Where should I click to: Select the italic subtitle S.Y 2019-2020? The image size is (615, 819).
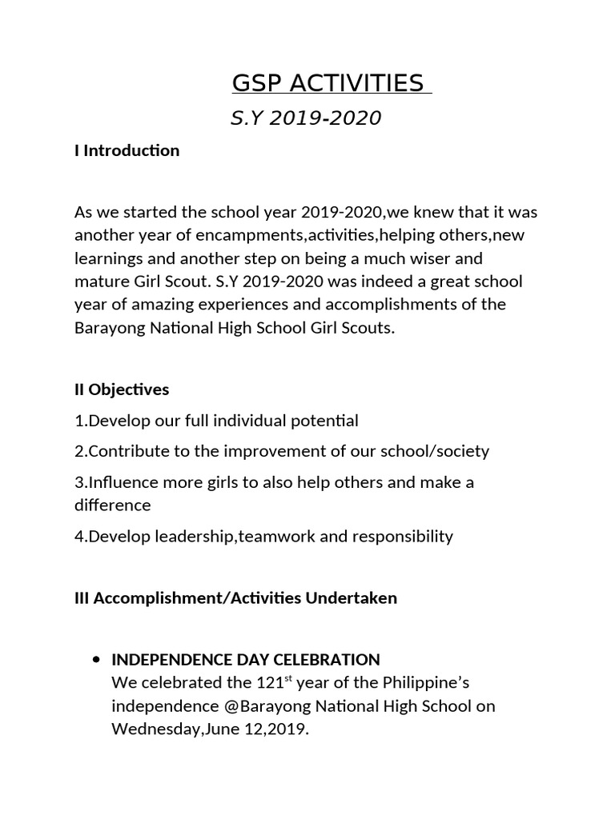pos(305,119)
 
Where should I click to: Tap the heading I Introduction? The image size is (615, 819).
pos(127,150)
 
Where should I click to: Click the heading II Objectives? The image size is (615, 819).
pos(122,390)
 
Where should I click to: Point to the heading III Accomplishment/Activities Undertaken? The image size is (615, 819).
pos(235,597)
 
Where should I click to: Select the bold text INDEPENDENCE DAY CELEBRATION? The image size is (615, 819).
pos(245,660)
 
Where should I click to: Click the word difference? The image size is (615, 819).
pos(112,505)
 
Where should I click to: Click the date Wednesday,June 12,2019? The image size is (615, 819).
pos(210,729)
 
